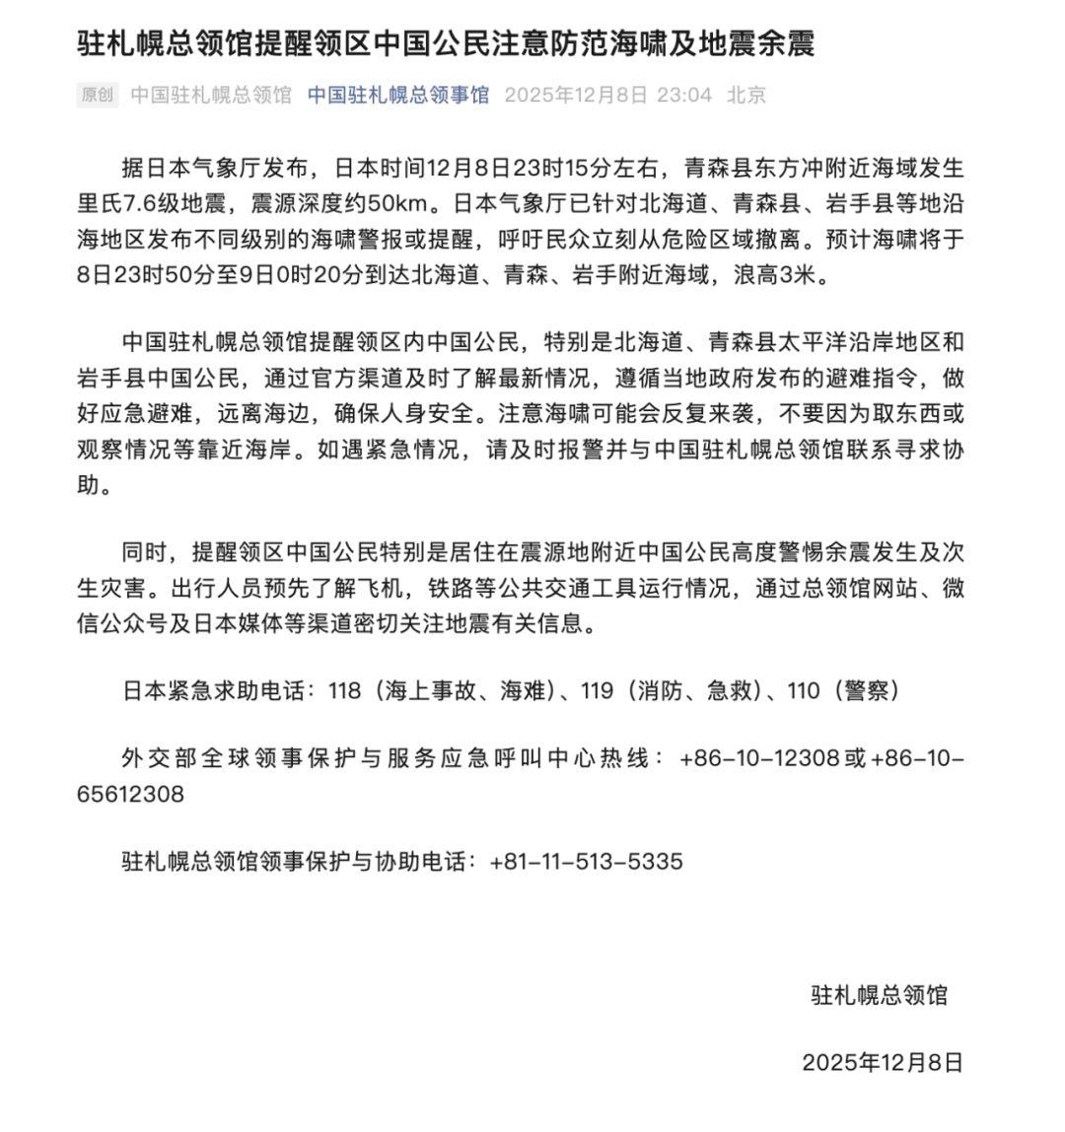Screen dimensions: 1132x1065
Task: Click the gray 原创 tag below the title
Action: click(x=97, y=96)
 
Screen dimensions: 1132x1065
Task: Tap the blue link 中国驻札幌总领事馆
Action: click(x=398, y=96)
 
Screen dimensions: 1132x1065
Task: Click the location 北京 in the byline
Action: click(x=746, y=96)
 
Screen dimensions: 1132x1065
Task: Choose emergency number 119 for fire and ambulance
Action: click(x=599, y=691)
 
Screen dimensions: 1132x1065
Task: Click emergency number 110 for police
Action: click(x=803, y=691)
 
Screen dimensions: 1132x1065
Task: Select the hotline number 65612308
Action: click(x=130, y=794)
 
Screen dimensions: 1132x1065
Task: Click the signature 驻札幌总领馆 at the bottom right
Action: click(x=879, y=995)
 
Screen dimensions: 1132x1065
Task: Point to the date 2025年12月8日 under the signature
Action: click(x=882, y=1062)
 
